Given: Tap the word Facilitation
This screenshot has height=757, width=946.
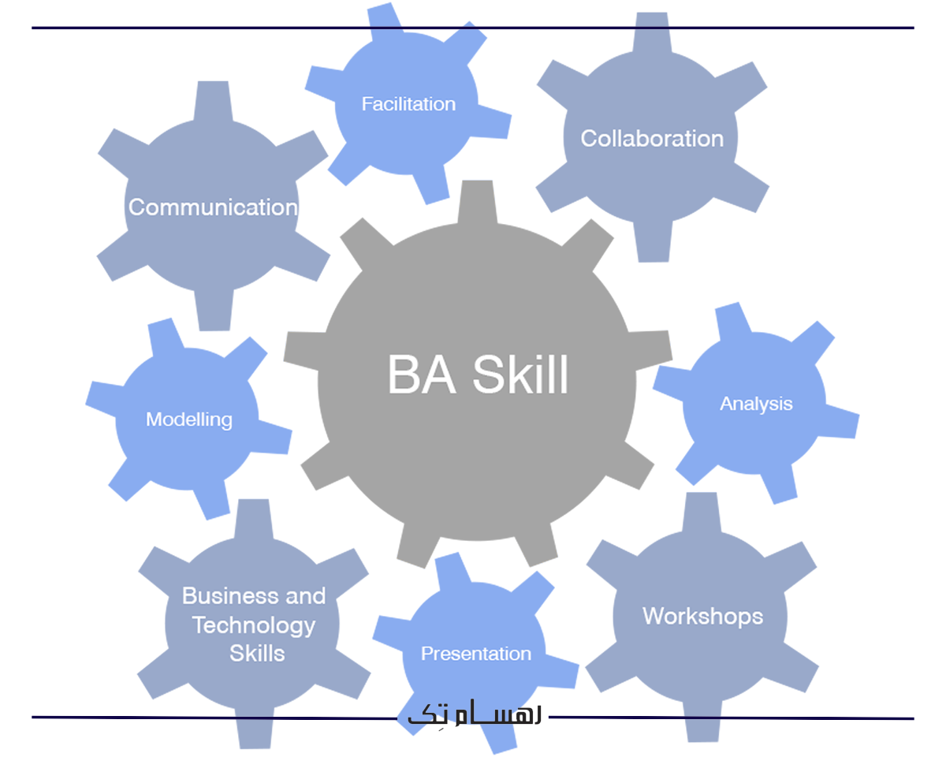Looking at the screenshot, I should click(x=408, y=104).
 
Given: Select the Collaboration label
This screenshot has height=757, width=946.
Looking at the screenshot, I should click(x=652, y=139).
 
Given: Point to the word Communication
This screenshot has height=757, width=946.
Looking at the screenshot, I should click(x=213, y=207).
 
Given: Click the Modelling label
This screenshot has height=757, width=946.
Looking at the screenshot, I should click(x=189, y=420).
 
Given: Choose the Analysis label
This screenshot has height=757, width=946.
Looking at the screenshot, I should click(x=756, y=404).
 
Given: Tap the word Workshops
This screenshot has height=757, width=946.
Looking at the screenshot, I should click(x=702, y=616).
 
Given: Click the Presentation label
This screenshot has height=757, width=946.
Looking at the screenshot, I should click(x=476, y=654).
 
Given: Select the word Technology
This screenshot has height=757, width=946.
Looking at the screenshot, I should click(x=253, y=625).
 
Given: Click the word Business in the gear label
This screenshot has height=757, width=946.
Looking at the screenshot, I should click(x=221, y=596).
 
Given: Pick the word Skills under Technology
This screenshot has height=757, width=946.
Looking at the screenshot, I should click(x=257, y=654).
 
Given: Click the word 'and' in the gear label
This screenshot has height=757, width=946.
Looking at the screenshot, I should click(x=304, y=596).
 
